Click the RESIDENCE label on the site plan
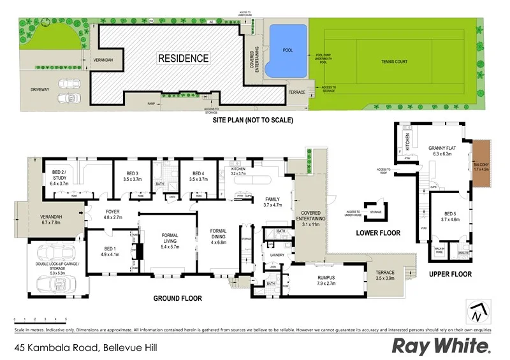click(183, 59)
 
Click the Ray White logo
click(441, 346)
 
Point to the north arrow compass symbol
click(477, 312)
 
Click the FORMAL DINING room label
click(219, 236)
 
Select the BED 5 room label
click(450, 216)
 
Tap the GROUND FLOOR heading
click(177, 298)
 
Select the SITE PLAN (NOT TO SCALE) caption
click(245, 119)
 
